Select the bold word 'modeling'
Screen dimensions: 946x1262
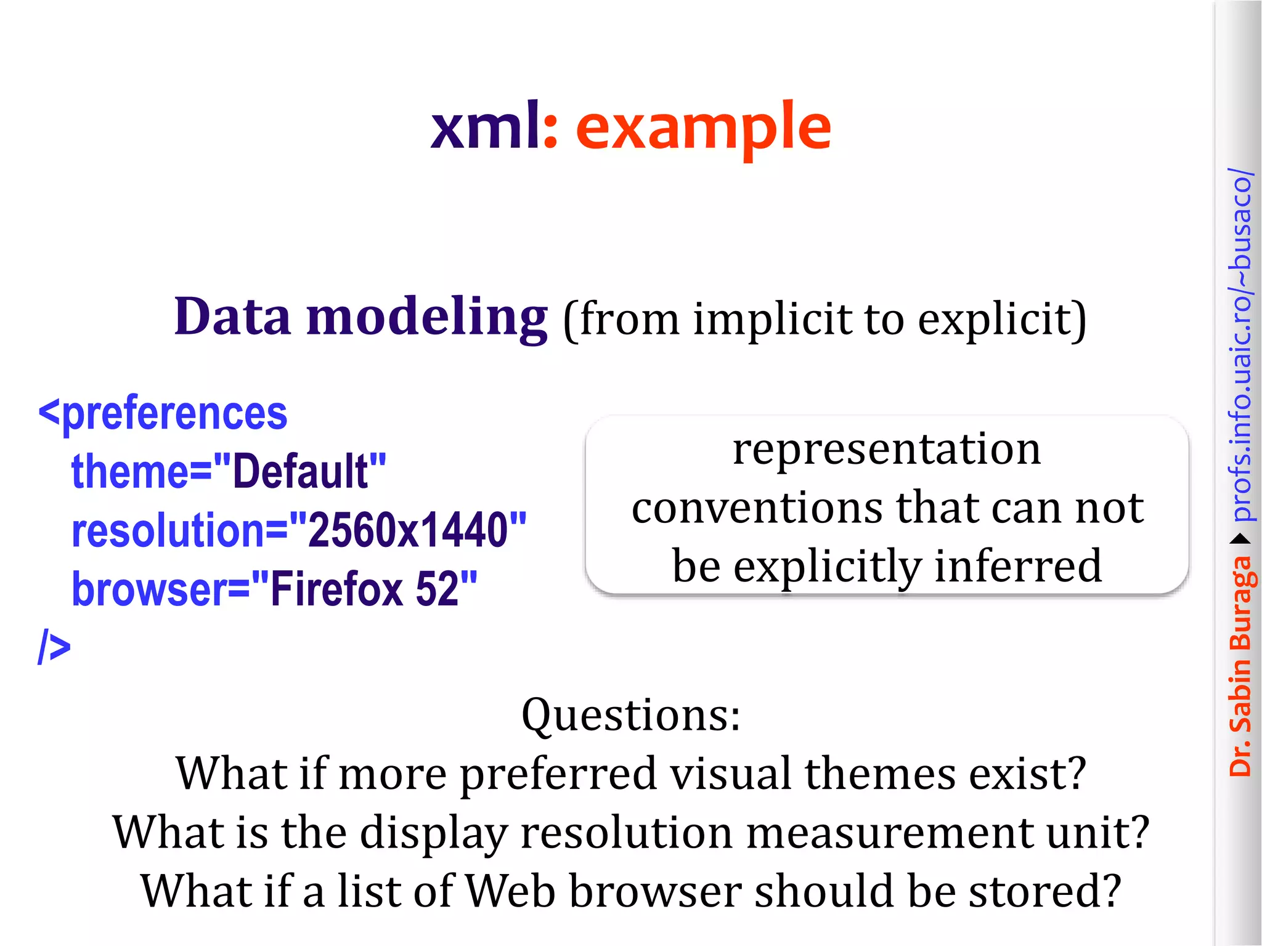pyautogui.click(x=426, y=318)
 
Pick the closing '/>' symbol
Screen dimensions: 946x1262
pyautogui.click(x=54, y=647)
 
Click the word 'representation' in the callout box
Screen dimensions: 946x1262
pyautogui.click(x=887, y=449)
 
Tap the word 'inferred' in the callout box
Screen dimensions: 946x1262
pyautogui.click(x=1017, y=566)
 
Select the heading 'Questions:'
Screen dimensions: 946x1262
pyautogui.click(x=631, y=715)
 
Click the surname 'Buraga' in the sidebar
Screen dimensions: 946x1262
pyautogui.click(x=1240, y=604)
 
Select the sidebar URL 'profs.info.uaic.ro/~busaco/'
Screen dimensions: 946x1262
pyautogui.click(x=1240, y=345)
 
